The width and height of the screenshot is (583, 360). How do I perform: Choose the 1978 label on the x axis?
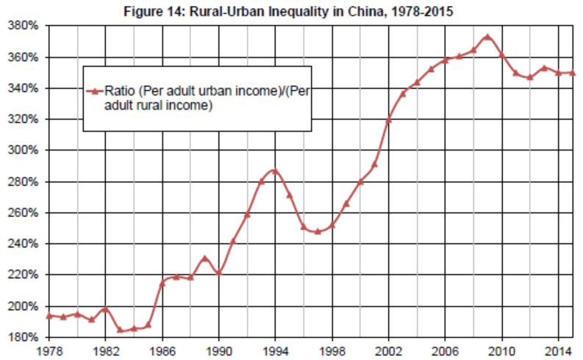(48, 350)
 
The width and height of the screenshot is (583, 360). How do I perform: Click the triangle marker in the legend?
(93, 91)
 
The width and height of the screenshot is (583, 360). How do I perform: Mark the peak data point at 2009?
(487, 37)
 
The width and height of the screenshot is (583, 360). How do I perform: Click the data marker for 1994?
(275, 171)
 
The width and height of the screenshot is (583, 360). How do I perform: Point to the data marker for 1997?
(318, 231)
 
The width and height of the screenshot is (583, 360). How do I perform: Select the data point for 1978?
(49, 316)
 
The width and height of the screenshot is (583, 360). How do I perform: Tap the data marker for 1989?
(204, 259)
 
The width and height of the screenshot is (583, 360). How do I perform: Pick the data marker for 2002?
(388, 120)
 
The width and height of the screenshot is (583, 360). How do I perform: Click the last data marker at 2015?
(572, 73)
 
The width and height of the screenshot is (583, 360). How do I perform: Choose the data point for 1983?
(119, 330)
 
